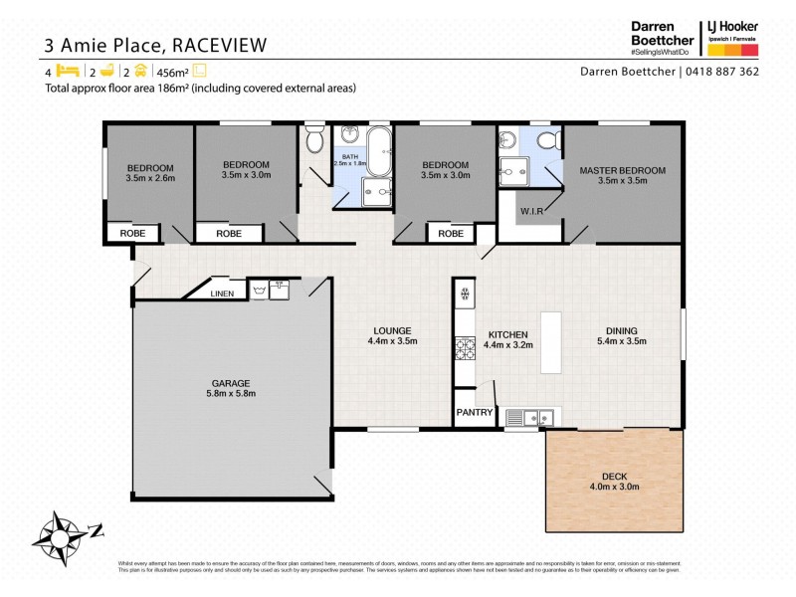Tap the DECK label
pyautogui.click(x=613, y=474)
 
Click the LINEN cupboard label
pyautogui.click(x=222, y=294)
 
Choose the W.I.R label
pyautogui.click(x=530, y=212)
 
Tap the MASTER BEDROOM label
pyautogui.click(x=622, y=170)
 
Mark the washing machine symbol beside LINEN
pyautogui.click(x=259, y=292)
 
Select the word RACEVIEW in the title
pyautogui.click(x=222, y=45)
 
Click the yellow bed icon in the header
pyautogui.click(x=67, y=72)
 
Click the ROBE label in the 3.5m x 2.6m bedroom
pyautogui.click(x=132, y=234)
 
